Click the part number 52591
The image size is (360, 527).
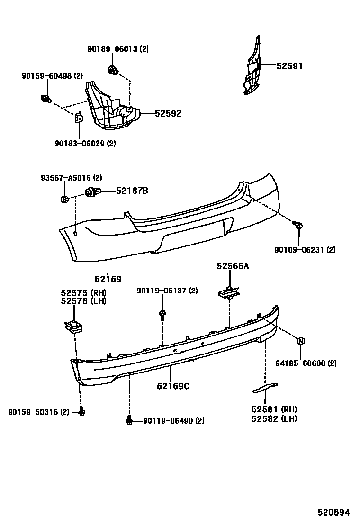[x=289, y=66]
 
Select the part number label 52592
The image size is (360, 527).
[x=168, y=114]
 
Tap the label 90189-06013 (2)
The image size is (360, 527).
[x=118, y=49]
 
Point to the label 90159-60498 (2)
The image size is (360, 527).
[x=52, y=76]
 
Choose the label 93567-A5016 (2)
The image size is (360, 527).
[x=71, y=178]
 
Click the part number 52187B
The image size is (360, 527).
[x=132, y=191]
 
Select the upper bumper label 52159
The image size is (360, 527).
[x=108, y=279]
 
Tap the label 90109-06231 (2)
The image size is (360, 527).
[x=305, y=249]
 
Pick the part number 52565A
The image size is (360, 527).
[x=233, y=266]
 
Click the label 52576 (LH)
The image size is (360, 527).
[x=83, y=301]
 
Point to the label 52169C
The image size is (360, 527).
[x=173, y=386]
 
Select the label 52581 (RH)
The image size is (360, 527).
[x=275, y=409]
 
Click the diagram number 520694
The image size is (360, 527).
[x=333, y=513]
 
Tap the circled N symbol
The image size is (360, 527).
[x=301, y=341]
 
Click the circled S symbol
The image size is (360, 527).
[x=65, y=200]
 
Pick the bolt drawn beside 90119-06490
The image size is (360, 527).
[x=129, y=420]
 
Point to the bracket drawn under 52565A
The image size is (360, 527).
[x=230, y=293]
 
